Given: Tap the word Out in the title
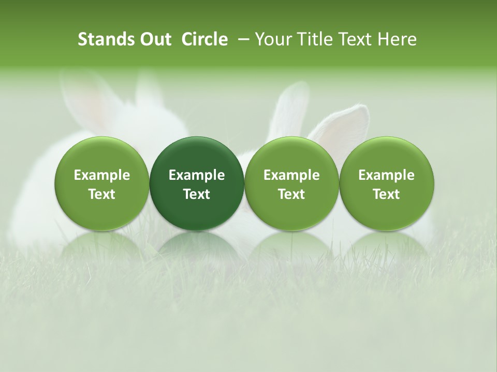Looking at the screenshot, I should coord(154,39).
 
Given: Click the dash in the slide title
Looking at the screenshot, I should coord(241,40).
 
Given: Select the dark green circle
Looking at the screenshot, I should coord(197,183).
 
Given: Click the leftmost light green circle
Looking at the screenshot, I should coord(102,183).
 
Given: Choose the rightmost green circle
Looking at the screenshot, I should coord(386,183).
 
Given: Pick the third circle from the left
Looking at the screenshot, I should coord(291,183).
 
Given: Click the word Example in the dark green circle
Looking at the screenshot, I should coord(197,175).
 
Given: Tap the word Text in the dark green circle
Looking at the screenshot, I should coord(197,194).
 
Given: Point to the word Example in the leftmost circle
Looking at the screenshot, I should coord(102,175).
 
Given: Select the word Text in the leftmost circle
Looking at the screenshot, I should coord(102,194).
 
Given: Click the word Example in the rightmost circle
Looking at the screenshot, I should coord(386,175).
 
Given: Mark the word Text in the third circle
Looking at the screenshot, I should coord(291,194).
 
